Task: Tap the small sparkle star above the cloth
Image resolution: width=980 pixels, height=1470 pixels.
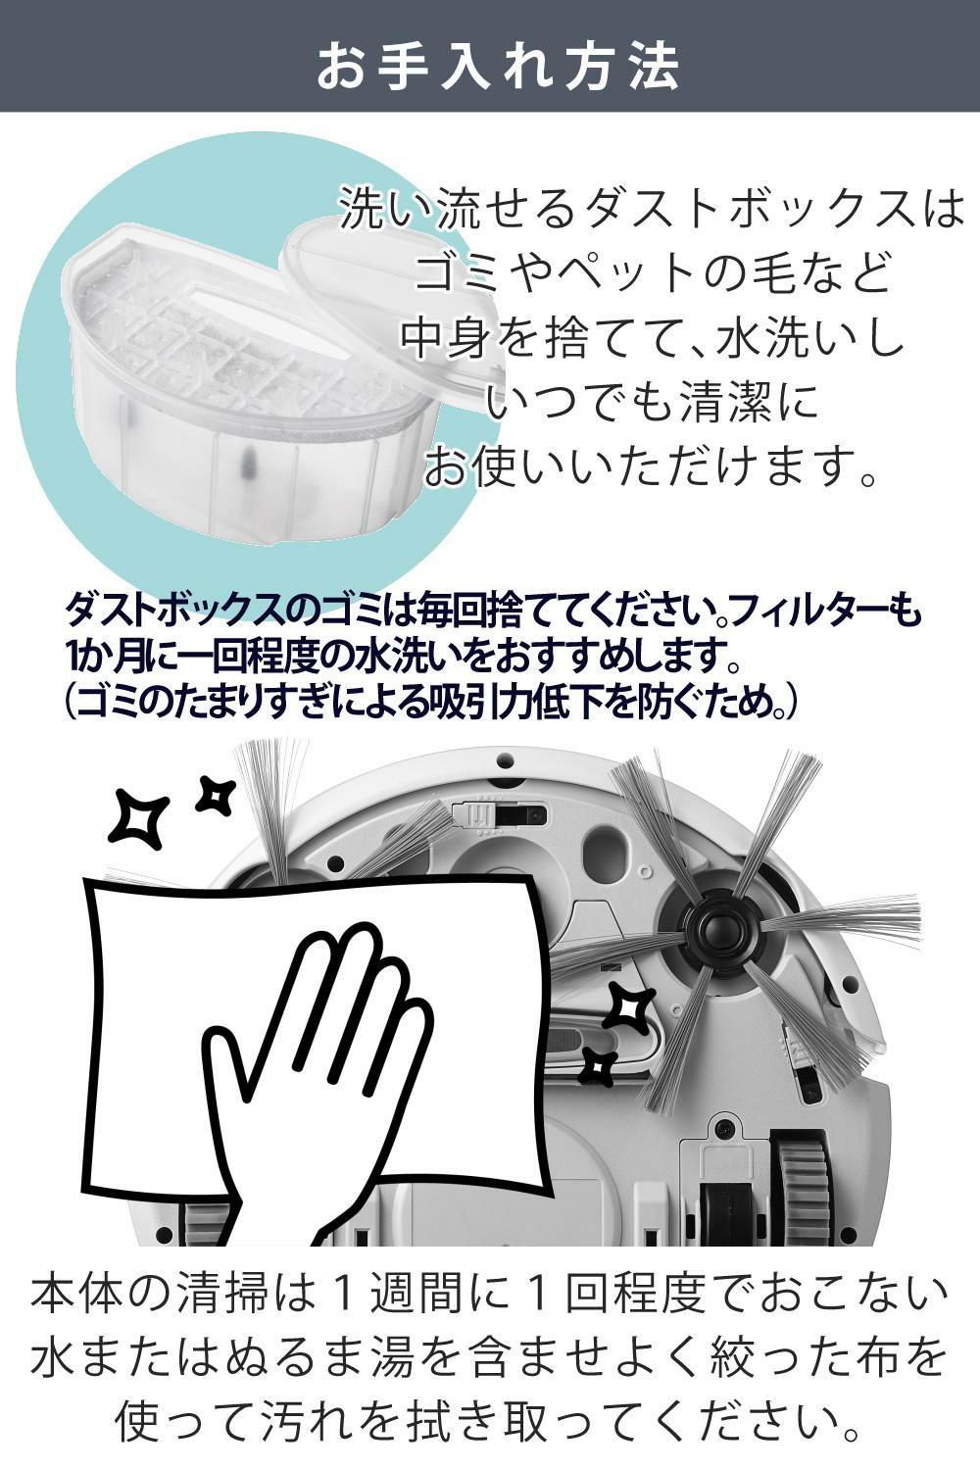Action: (x=215, y=796)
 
